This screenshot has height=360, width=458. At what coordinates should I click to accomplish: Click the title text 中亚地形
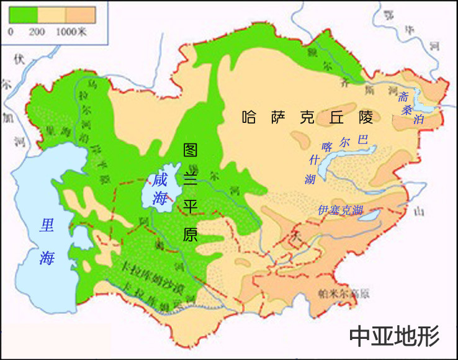(x=394, y=336)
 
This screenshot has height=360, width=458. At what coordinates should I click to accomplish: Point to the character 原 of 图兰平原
(x=191, y=235)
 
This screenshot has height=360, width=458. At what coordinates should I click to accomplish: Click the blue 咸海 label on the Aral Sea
(x=160, y=189)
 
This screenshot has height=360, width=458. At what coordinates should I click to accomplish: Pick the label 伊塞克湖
(x=339, y=210)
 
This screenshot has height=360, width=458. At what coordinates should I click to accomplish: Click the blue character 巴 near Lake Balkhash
(x=363, y=140)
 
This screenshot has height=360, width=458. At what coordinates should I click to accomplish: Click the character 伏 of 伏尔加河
(x=19, y=59)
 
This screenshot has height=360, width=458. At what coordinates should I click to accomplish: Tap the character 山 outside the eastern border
(x=420, y=212)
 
